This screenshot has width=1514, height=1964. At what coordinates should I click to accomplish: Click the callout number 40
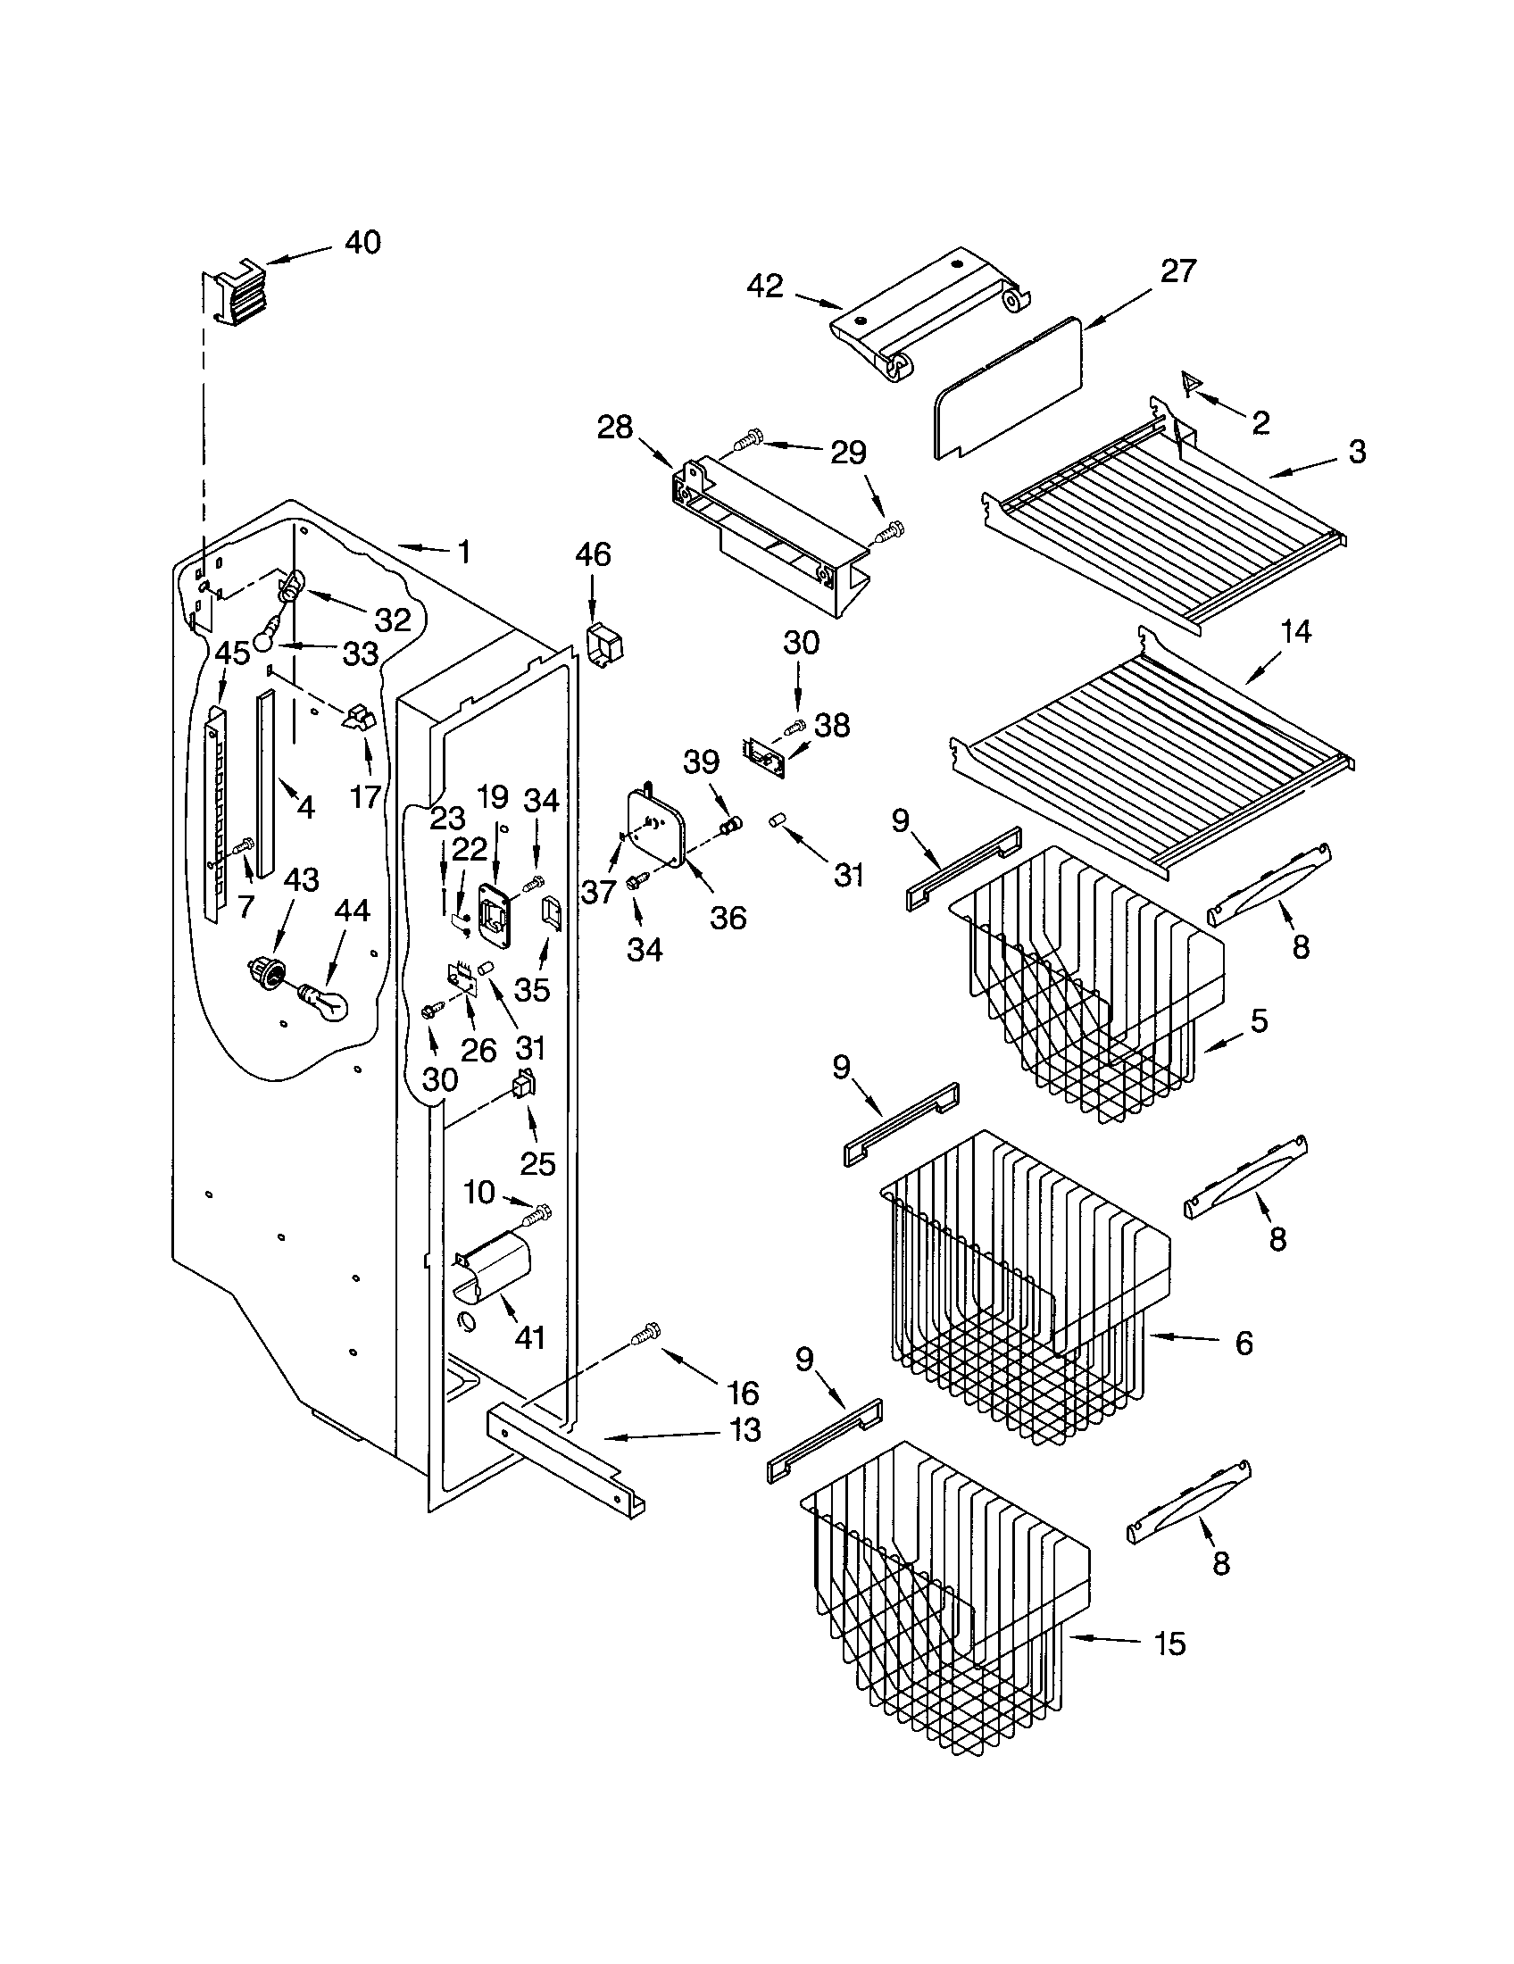(x=363, y=242)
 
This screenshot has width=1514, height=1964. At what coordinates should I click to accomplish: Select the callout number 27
(x=1177, y=270)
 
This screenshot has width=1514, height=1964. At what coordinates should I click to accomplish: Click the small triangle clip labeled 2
(x=1192, y=384)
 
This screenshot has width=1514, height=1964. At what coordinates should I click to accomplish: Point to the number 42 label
(x=765, y=286)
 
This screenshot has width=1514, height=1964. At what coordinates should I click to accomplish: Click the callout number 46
(x=593, y=555)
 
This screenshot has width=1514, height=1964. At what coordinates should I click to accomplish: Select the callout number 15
(x=1169, y=1644)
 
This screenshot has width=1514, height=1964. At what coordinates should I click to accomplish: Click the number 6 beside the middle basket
(x=1244, y=1344)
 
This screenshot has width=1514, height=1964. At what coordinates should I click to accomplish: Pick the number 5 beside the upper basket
(x=1259, y=1020)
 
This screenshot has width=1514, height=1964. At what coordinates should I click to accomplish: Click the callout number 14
(x=1295, y=632)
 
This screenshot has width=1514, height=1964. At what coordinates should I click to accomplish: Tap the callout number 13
(x=745, y=1430)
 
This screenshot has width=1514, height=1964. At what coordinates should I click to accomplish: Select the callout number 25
(x=538, y=1163)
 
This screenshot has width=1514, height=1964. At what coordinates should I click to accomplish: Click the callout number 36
(x=728, y=917)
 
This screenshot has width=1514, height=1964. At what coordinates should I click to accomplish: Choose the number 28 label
(x=615, y=427)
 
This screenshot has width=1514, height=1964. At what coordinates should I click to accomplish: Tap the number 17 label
(x=365, y=795)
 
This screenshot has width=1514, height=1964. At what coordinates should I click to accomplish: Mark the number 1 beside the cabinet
(x=464, y=551)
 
